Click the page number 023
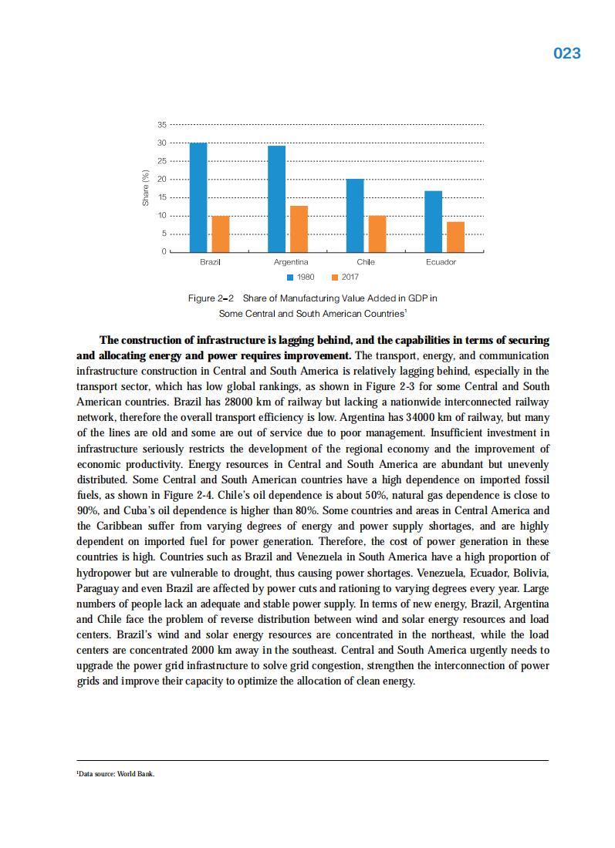click(567, 53)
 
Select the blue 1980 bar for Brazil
click(198, 197)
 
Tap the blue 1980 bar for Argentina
click(276, 199)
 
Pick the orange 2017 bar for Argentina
click(299, 229)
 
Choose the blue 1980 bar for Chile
click(355, 215)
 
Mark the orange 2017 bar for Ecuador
click(456, 237)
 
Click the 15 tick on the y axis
click(161, 197)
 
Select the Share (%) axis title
click(145, 188)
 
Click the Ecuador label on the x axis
click(441, 262)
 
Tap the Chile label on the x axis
click(366, 262)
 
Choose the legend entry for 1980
click(300, 277)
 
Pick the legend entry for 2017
click(345, 277)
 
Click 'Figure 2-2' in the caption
click(211, 298)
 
